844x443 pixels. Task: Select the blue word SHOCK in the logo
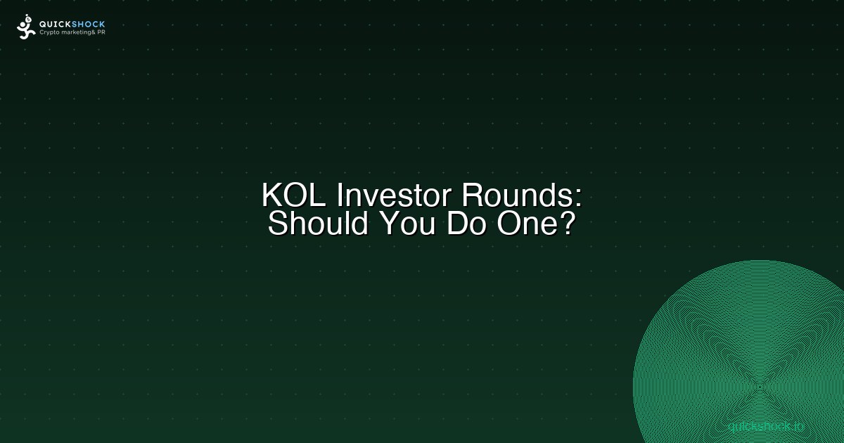pos(89,24)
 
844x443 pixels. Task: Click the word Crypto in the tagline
pos(50,32)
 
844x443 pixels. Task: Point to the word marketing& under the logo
pos(77,32)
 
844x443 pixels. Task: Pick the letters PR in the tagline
pos(101,32)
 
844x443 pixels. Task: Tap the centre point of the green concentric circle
pos(760,386)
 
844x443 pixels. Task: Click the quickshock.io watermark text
pos(766,425)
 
